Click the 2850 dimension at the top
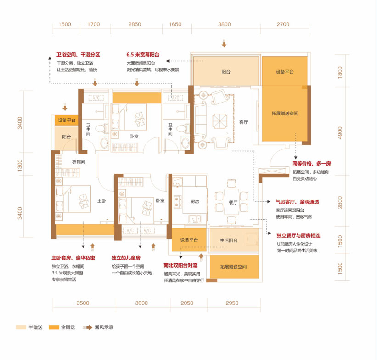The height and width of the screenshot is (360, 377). pos(135,24)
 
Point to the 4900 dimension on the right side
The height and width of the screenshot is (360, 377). pos(340,133)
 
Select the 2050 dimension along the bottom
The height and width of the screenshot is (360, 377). pos(187,303)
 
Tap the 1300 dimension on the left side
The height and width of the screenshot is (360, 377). pos(20,166)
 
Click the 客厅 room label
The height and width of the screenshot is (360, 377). pos(243,122)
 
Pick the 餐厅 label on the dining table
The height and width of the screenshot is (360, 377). pos(233,202)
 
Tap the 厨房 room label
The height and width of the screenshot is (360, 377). pos(195,201)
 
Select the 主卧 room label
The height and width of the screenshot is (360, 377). pos(101,200)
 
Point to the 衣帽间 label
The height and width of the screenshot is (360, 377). pos(79,162)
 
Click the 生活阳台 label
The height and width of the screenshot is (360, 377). pos(229,240)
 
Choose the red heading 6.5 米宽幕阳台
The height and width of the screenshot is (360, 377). pos(143,55)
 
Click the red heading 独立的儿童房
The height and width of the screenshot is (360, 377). pos(126,258)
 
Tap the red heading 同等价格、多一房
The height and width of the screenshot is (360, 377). pos(311,164)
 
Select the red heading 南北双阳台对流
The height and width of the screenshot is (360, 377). pos(180,265)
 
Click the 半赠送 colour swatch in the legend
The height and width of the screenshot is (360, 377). pos(21,327)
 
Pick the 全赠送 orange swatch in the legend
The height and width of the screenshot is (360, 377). pos(54,327)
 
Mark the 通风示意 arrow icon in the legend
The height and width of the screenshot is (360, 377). pos(88,327)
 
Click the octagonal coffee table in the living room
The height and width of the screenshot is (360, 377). pos(220,121)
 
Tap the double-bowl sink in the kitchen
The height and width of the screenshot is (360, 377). pos(195,219)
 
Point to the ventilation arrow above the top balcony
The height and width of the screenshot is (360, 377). pos(224,44)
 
